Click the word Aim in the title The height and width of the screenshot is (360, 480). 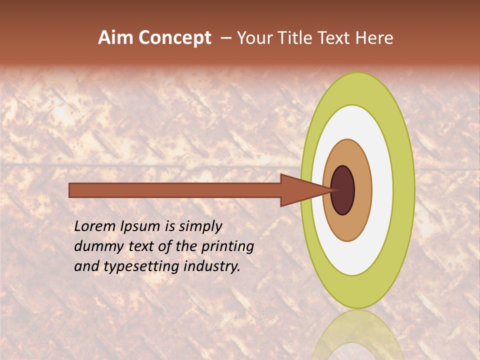click(x=116, y=38)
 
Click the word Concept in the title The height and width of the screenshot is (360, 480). click(x=174, y=38)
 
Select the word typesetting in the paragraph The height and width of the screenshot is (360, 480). click(x=141, y=267)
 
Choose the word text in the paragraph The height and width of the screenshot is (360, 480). click(x=139, y=247)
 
